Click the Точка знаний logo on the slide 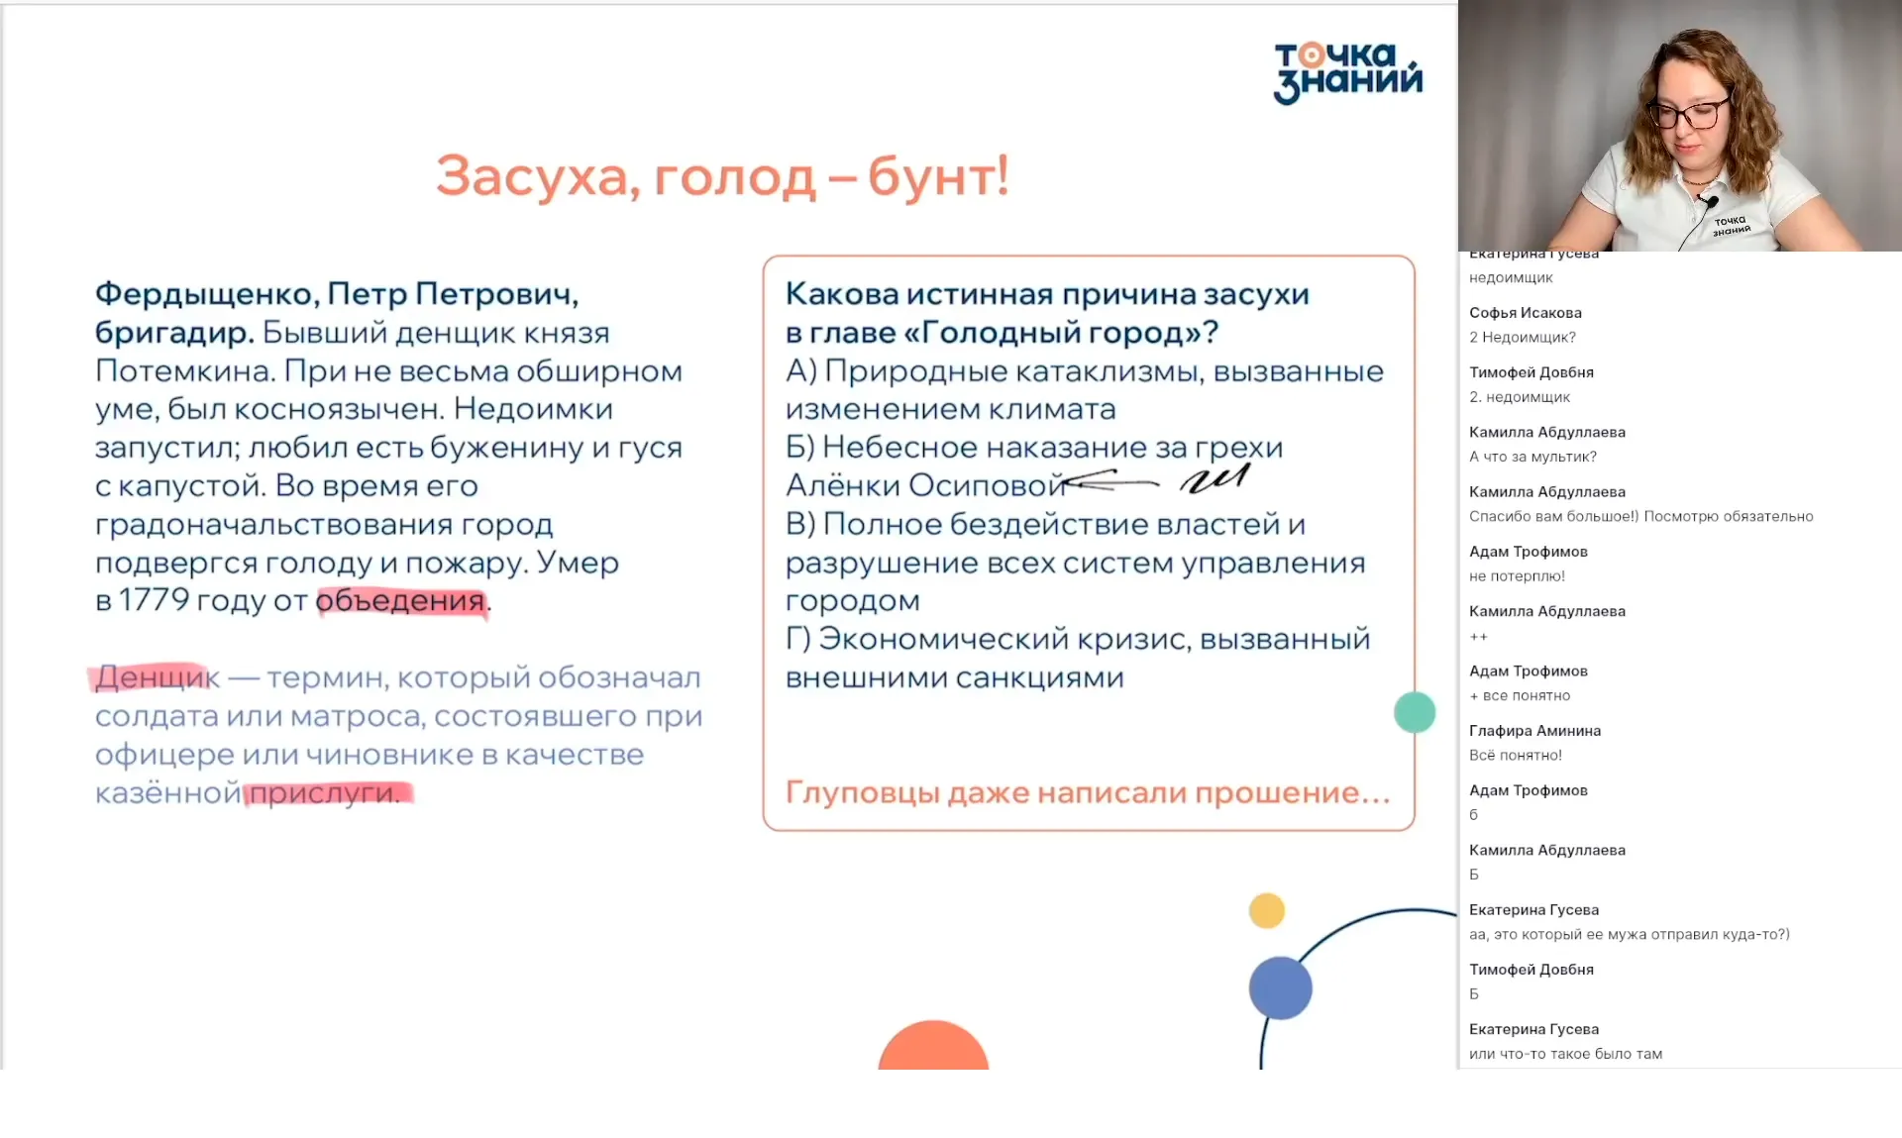(1347, 72)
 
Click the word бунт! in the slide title (937, 176)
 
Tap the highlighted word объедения (400, 600)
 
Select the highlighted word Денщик (157, 677)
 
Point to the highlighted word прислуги (324, 793)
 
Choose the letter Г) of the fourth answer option (798, 639)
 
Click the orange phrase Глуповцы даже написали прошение (1087, 793)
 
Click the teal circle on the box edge (1414, 712)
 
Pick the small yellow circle (1266, 910)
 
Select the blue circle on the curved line (1280, 987)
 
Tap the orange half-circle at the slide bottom (932, 1048)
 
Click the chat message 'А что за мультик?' (1532, 457)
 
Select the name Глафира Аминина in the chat (1534, 731)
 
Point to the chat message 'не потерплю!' (1517, 576)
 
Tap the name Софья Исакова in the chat (1525, 313)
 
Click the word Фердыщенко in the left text (205, 294)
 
